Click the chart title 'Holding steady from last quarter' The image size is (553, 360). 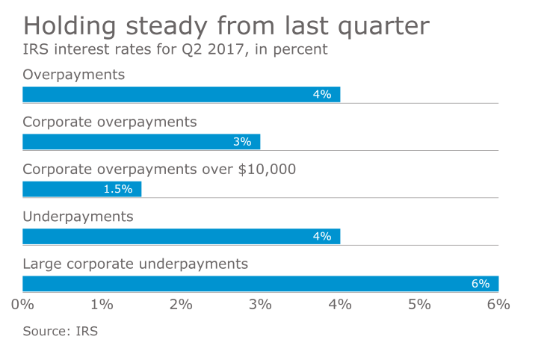(x=226, y=25)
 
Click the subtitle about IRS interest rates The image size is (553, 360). (x=175, y=51)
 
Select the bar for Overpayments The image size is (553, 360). (x=181, y=94)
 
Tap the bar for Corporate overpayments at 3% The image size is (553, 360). (x=141, y=142)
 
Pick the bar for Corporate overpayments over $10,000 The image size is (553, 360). (x=81, y=189)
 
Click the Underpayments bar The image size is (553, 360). (x=181, y=236)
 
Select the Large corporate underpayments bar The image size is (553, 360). (x=260, y=284)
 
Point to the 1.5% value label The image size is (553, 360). (x=118, y=189)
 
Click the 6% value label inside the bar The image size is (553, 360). (x=481, y=284)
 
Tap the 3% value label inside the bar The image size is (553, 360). (x=242, y=142)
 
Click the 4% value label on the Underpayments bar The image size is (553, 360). (x=322, y=236)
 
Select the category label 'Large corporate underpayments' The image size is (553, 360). (x=135, y=264)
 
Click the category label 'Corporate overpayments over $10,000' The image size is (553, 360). (x=160, y=169)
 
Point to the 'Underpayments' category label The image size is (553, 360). (x=78, y=217)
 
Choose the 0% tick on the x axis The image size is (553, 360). (x=22, y=304)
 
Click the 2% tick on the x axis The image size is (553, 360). (x=181, y=304)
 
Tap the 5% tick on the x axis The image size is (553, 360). (x=419, y=304)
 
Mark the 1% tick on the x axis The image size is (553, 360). (x=102, y=304)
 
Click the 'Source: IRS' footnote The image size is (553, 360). (x=61, y=331)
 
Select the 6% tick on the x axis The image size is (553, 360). (x=498, y=304)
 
